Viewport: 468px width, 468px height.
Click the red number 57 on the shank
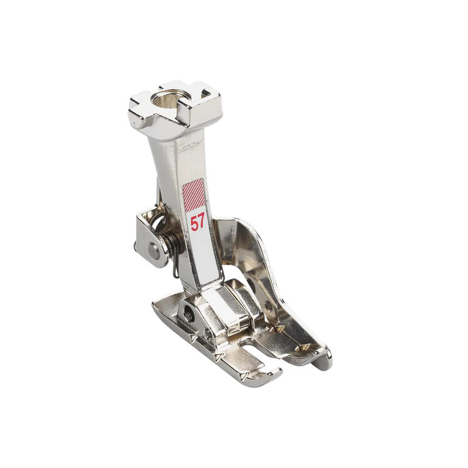click(x=198, y=223)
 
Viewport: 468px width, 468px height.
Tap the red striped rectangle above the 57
click(x=194, y=194)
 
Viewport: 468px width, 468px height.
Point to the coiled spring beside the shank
click(x=169, y=243)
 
